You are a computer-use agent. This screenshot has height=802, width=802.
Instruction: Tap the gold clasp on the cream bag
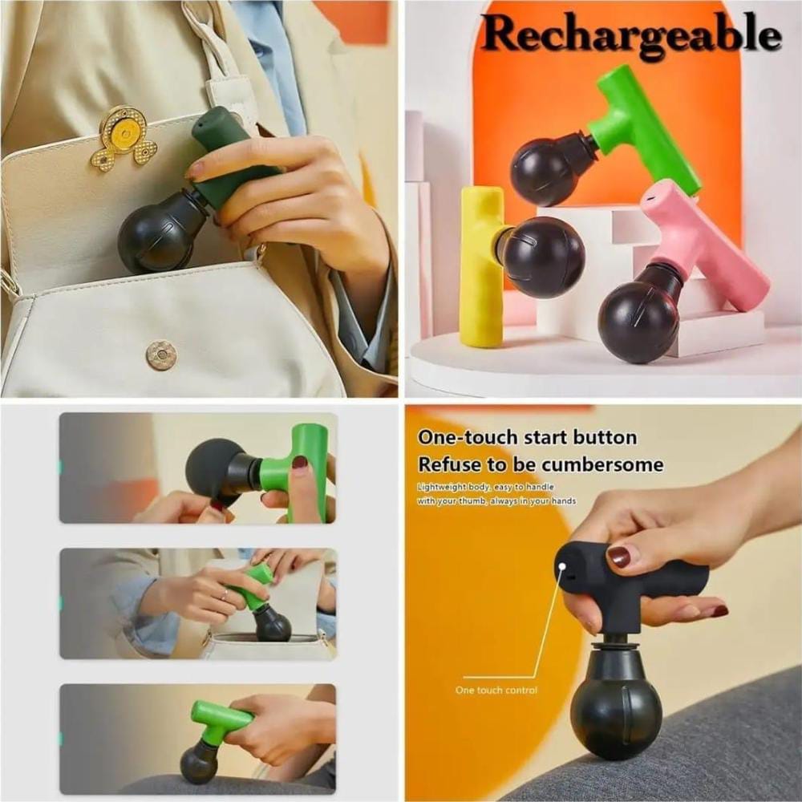point(124,138)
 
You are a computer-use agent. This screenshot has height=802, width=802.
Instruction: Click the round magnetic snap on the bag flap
point(162,355)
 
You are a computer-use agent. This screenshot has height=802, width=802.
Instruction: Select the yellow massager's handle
point(480,266)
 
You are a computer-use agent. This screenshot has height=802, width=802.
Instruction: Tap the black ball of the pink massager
point(639,322)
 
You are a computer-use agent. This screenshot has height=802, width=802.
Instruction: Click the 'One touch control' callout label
point(496,690)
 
